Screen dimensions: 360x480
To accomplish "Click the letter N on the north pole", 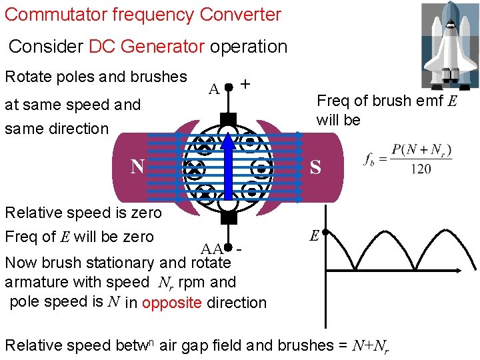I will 138,165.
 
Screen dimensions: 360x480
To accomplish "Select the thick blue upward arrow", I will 228,167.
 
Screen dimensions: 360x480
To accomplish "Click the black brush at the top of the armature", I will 228,119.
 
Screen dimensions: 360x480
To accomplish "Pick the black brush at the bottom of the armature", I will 228,217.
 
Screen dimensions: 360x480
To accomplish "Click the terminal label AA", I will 212,249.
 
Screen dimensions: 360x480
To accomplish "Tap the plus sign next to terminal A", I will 245,85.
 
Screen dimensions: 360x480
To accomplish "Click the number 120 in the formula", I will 420,169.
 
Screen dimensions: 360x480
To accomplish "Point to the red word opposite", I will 172,302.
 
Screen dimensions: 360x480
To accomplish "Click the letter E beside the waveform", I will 314,235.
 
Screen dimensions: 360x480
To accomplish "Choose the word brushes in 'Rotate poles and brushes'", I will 159,76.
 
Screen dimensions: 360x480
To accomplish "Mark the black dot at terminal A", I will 228,87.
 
